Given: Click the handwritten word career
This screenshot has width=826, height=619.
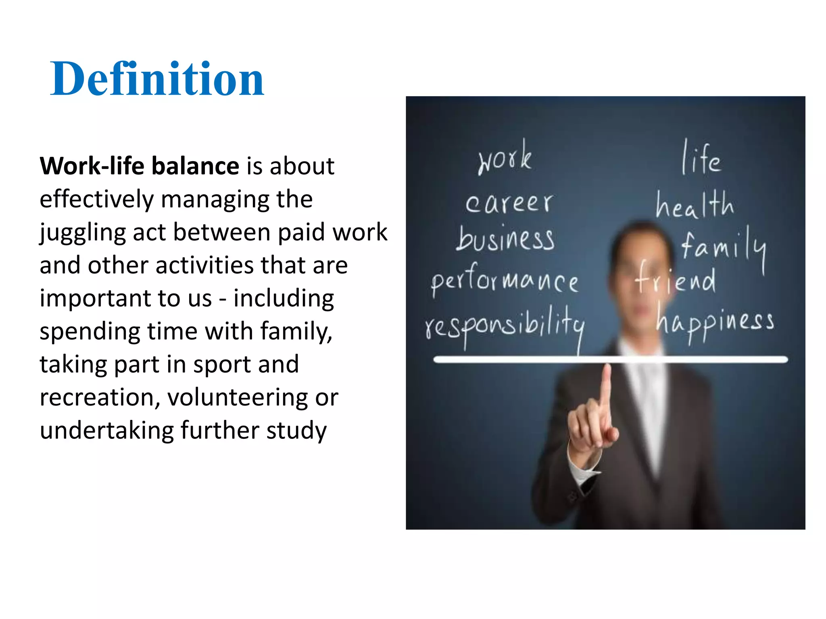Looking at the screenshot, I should tap(509, 203).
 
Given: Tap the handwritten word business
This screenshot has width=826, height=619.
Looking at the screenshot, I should tap(505, 239).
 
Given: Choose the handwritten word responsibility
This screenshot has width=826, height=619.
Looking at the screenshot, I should tap(505, 326).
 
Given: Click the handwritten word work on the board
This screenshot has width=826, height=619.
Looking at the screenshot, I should tap(505, 158).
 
